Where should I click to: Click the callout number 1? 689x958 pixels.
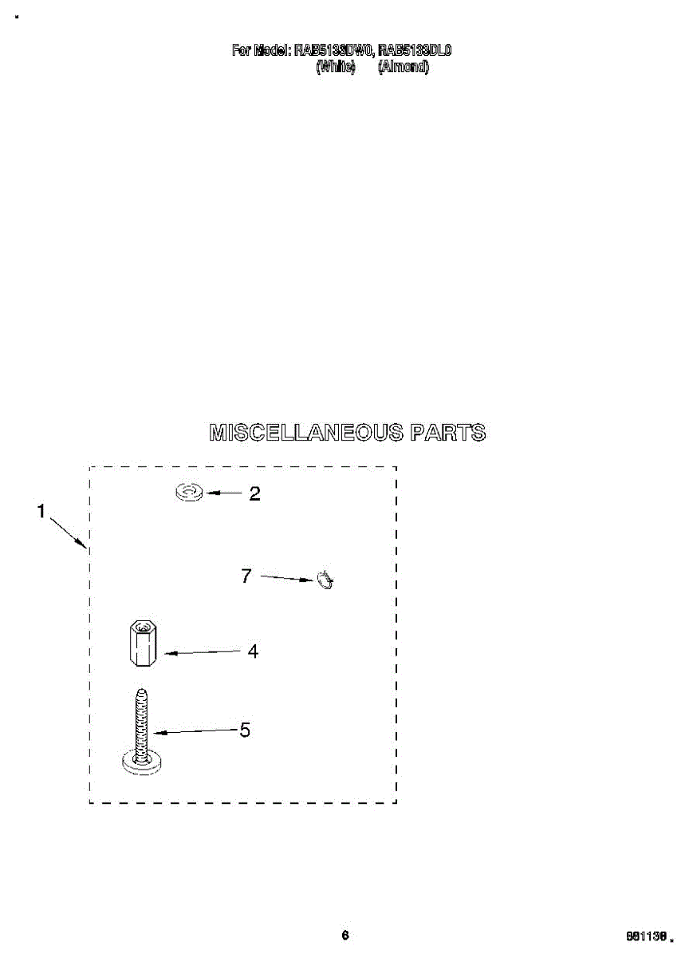[x=41, y=512]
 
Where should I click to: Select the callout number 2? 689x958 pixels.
[x=254, y=493]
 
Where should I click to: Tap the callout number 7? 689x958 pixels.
[x=246, y=575]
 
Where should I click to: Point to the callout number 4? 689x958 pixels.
[x=253, y=651]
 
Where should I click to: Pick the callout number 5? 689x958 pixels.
[x=245, y=730]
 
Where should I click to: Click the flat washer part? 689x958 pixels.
[x=189, y=493]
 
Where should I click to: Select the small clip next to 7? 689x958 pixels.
[x=325, y=580]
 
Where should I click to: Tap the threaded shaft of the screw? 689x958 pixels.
[x=141, y=722]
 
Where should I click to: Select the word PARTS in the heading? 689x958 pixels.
[x=447, y=433]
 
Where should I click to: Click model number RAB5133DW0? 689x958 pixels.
[x=333, y=51]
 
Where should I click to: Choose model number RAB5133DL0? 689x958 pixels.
[x=415, y=51]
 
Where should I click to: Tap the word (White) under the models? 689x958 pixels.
[x=335, y=67]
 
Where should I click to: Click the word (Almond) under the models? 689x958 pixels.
[x=404, y=67]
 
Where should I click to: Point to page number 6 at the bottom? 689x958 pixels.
[x=344, y=936]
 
